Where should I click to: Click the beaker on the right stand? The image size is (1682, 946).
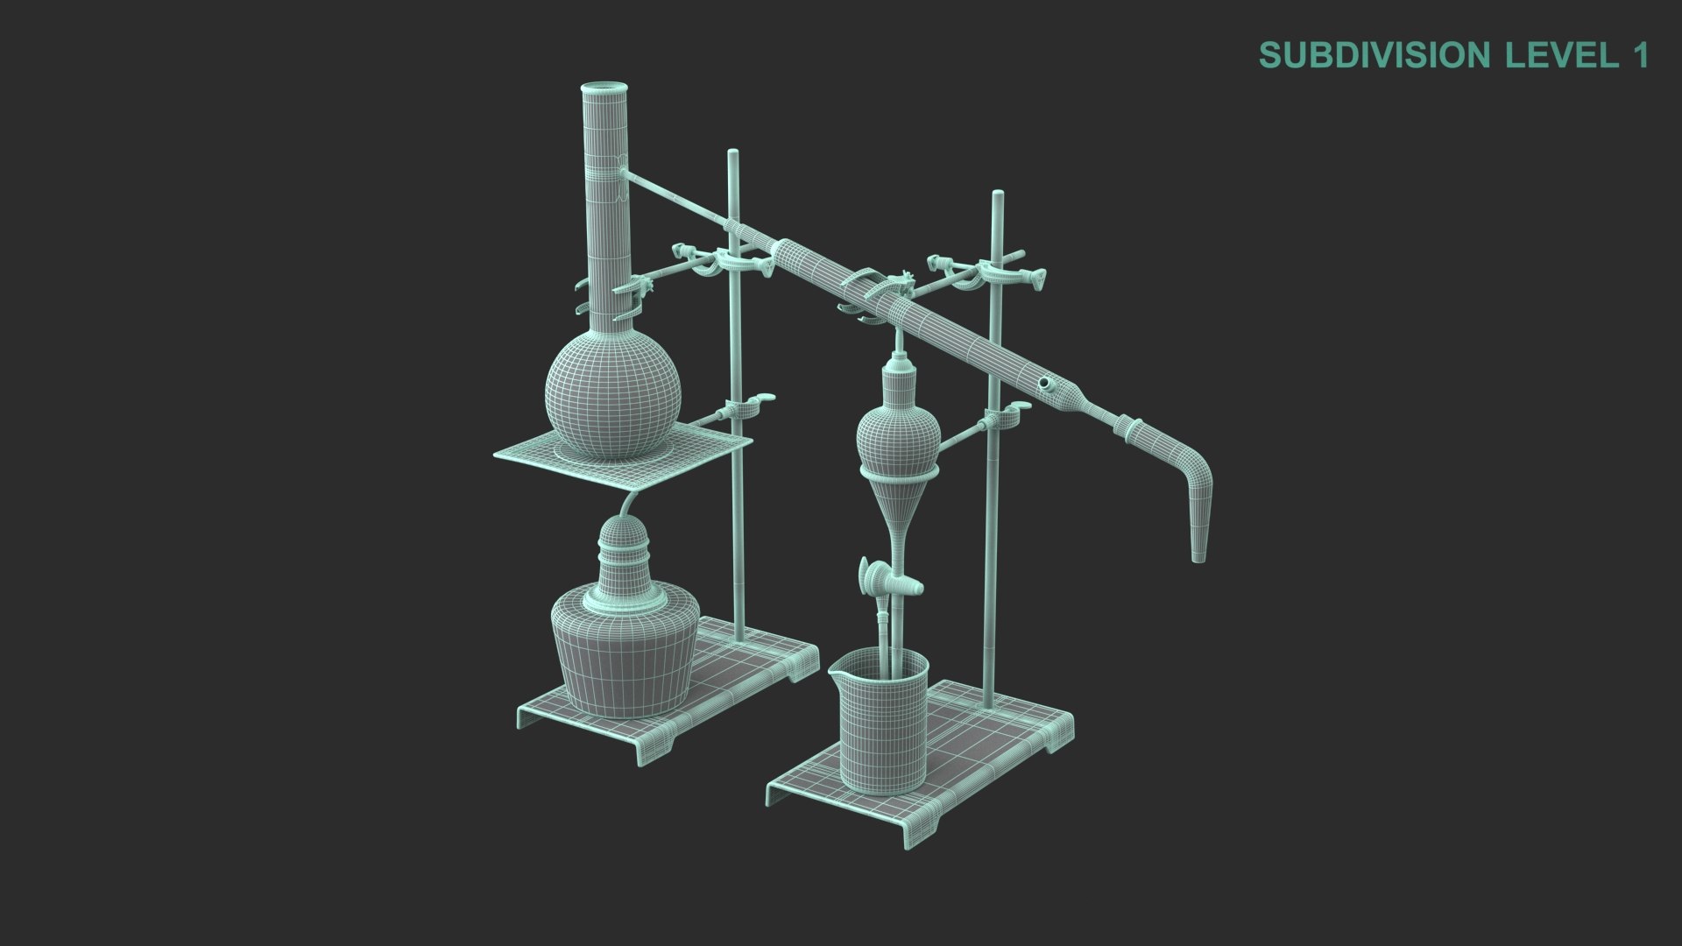880,727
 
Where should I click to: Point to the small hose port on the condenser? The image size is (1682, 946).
1046,384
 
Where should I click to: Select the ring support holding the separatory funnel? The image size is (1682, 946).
901,474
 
